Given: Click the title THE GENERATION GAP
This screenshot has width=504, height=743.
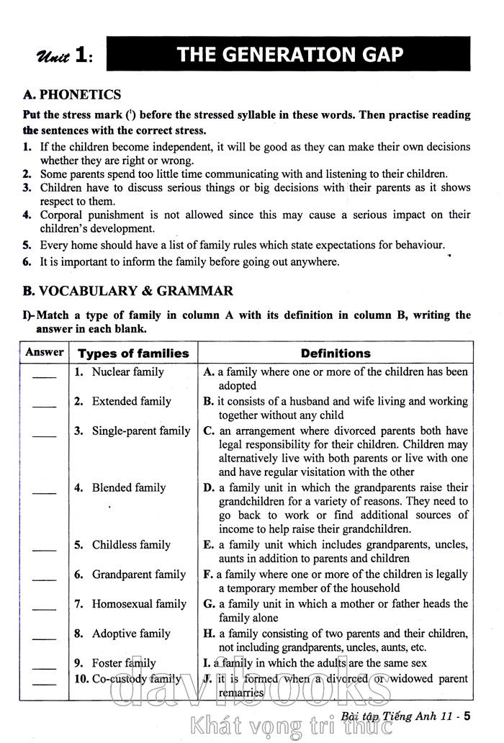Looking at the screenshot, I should [x=290, y=55].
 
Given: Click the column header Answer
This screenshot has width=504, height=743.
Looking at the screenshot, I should [x=44, y=353].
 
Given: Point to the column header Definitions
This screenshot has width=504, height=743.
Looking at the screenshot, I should [x=336, y=354].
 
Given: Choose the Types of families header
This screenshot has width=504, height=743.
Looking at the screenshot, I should [x=133, y=354].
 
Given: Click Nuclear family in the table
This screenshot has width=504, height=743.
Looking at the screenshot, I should [x=127, y=372].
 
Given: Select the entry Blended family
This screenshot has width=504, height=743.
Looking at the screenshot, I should [x=128, y=487].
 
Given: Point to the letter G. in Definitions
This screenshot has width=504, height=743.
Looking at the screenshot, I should [x=210, y=604].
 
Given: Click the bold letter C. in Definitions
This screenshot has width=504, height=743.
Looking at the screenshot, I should [x=210, y=431].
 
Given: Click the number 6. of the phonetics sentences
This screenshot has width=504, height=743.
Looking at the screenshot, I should [x=27, y=262].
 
